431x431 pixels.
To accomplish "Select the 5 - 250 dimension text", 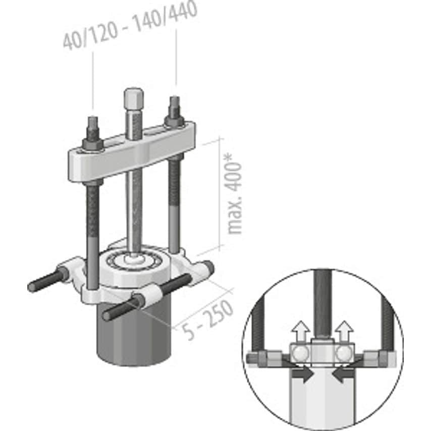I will point(207,318).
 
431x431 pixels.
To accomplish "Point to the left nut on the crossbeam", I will point(93,142).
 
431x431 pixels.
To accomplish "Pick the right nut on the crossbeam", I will point(175,120).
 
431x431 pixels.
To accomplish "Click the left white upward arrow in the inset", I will point(301,330).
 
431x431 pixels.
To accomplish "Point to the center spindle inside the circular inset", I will point(323,303).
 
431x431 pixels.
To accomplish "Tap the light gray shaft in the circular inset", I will point(323,399).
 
